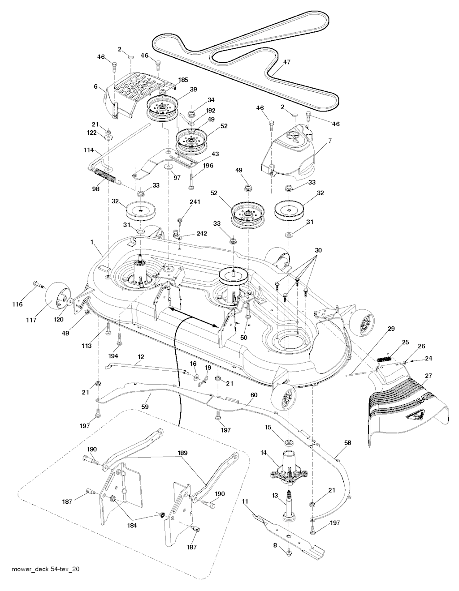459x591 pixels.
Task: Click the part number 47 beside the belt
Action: (287, 62)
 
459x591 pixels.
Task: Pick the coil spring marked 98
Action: (105, 174)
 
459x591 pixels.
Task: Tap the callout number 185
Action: (183, 80)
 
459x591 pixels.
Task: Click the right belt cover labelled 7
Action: (291, 152)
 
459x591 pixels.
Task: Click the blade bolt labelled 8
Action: (290, 552)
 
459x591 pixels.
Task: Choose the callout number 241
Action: (195, 202)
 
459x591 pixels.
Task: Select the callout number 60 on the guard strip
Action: (254, 395)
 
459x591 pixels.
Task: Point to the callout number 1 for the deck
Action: (92, 242)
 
